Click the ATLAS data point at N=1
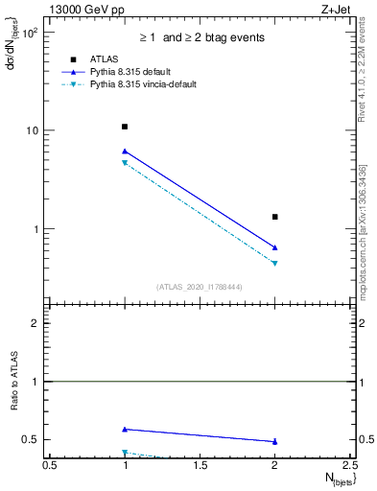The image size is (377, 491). pyautogui.click(x=125, y=127)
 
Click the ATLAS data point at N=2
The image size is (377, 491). pyautogui.click(x=275, y=217)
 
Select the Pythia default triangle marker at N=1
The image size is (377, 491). pyautogui.click(x=125, y=151)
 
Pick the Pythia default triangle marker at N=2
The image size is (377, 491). pyautogui.click(x=275, y=247)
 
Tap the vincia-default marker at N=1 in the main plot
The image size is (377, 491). pyautogui.click(x=125, y=163)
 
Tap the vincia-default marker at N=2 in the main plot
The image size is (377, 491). pyautogui.click(x=275, y=263)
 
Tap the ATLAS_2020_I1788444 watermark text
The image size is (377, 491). pyautogui.click(x=200, y=287)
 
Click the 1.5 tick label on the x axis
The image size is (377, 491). pyautogui.click(x=200, y=465)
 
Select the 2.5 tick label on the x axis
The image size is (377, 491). pyautogui.click(x=350, y=465)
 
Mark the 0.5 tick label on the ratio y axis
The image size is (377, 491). pyautogui.click(x=31, y=439)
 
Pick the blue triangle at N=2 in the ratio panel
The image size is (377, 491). pyautogui.click(x=275, y=441)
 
